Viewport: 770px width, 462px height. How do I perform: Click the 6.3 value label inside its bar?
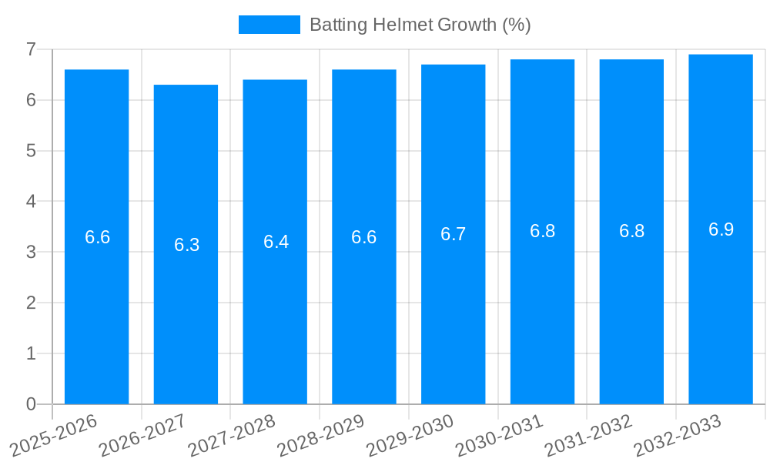(x=186, y=245)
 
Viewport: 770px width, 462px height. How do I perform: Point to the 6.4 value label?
(x=276, y=242)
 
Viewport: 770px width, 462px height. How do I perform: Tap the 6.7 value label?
(x=453, y=234)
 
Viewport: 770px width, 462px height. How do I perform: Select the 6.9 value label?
(x=721, y=229)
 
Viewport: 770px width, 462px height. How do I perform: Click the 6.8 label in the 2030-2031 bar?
(x=542, y=231)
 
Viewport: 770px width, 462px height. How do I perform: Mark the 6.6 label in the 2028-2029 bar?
(x=363, y=237)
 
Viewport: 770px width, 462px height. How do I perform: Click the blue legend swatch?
(x=269, y=25)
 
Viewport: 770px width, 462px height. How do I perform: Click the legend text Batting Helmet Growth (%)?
(x=420, y=25)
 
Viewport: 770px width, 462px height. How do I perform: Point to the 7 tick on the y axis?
(x=31, y=49)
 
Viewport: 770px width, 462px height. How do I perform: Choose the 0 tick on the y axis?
(x=31, y=404)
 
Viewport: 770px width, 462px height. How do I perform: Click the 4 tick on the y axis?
(x=31, y=202)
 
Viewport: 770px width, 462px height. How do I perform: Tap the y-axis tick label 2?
(x=31, y=303)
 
